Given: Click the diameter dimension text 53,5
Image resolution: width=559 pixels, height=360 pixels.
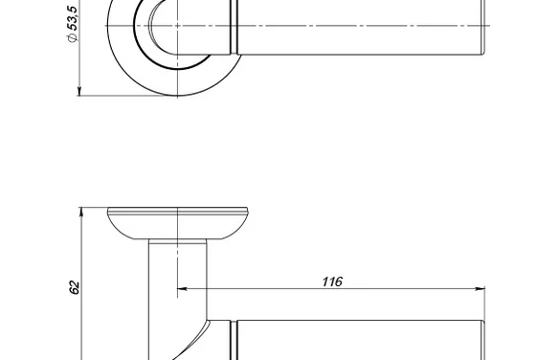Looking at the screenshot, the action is [72, 17].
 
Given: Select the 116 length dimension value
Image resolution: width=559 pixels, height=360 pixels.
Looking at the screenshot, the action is [332, 281].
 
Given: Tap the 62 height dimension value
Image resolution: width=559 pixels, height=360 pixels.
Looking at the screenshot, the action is [74, 287].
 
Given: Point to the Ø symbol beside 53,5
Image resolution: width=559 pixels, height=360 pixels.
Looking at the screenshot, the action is [72, 37].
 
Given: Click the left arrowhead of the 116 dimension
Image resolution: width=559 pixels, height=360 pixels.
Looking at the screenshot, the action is [182, 288].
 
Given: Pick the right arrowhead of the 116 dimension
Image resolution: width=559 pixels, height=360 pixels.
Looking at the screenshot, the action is [481, 288].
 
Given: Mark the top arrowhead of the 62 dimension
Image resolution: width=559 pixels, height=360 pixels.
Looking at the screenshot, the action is [81, 212].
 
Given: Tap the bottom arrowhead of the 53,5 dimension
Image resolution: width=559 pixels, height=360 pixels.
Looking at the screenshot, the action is [79, 91].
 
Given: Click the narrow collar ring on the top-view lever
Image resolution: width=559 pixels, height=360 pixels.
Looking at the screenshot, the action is [234, 27].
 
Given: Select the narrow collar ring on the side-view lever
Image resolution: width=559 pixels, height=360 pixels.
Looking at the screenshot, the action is [234, 340].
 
